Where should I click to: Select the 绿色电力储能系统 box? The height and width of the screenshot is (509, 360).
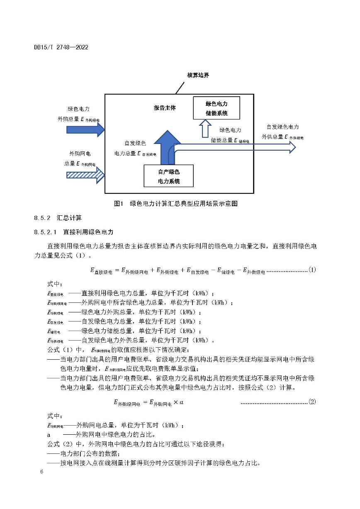point(216,108)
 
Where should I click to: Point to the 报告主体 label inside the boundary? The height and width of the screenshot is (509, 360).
point(165,108)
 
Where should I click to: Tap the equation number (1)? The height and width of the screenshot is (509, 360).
point(312,270)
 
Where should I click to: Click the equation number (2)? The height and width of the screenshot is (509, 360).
point(312,402)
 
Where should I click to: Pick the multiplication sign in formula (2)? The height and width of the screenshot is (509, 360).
point(176,402)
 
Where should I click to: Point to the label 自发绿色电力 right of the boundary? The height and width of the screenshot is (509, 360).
point(282,127)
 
